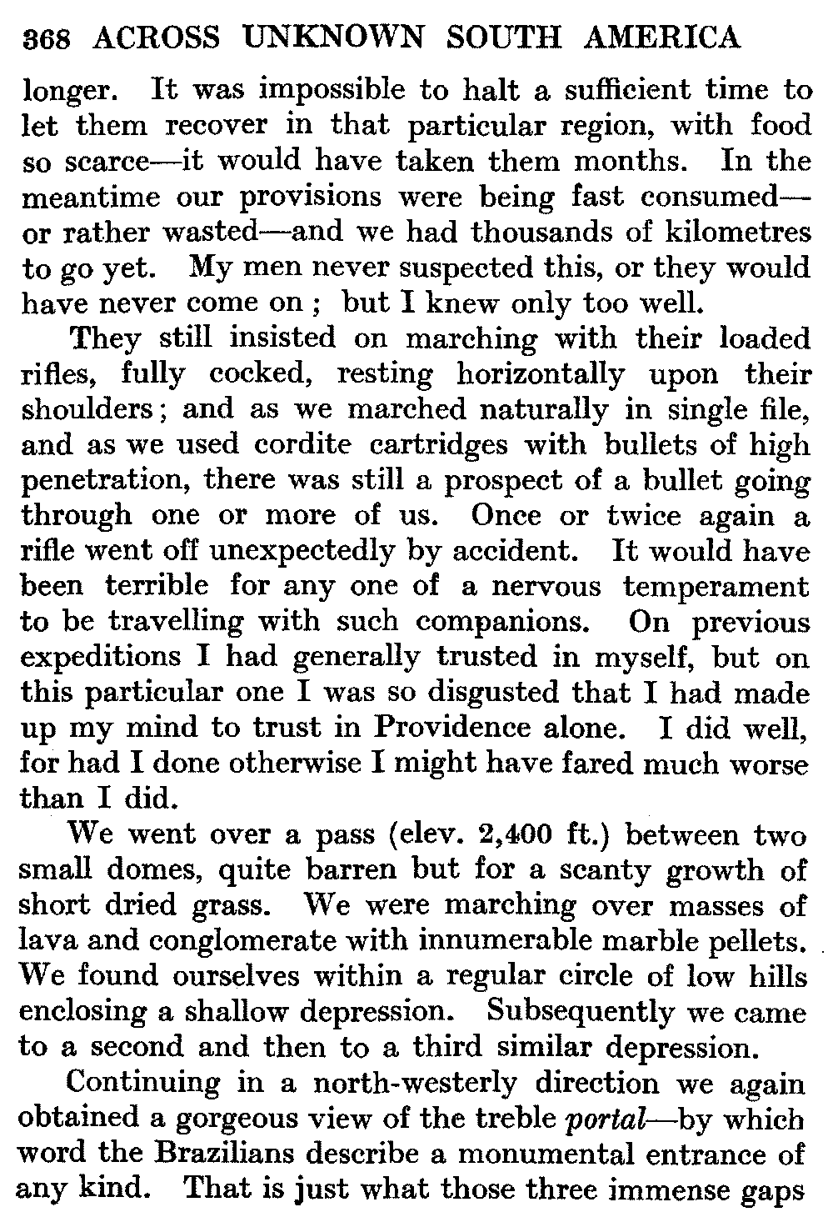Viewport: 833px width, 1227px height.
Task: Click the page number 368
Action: pos(47,38)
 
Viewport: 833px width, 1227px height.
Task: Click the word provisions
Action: pos(315,197)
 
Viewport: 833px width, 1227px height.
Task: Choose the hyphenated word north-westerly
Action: pos(414,1083)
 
